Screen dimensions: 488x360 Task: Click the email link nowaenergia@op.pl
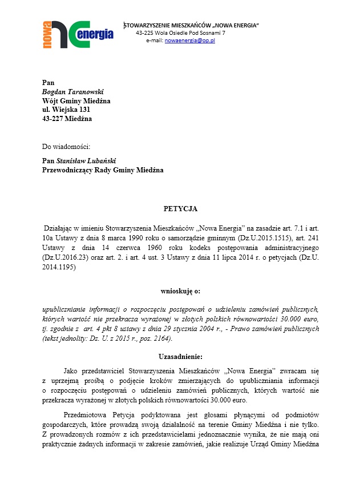189,41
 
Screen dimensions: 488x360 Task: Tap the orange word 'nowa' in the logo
47,34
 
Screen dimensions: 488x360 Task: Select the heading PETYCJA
180,209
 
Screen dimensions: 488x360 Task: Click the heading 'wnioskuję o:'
180,291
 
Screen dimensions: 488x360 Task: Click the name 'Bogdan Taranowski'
72,91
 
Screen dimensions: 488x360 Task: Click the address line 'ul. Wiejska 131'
66,110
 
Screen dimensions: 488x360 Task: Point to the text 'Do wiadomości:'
66,147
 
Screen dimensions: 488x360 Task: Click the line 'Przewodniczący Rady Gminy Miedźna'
103,170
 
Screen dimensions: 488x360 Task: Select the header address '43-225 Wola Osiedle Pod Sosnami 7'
180,33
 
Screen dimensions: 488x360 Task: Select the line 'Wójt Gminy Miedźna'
76,100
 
